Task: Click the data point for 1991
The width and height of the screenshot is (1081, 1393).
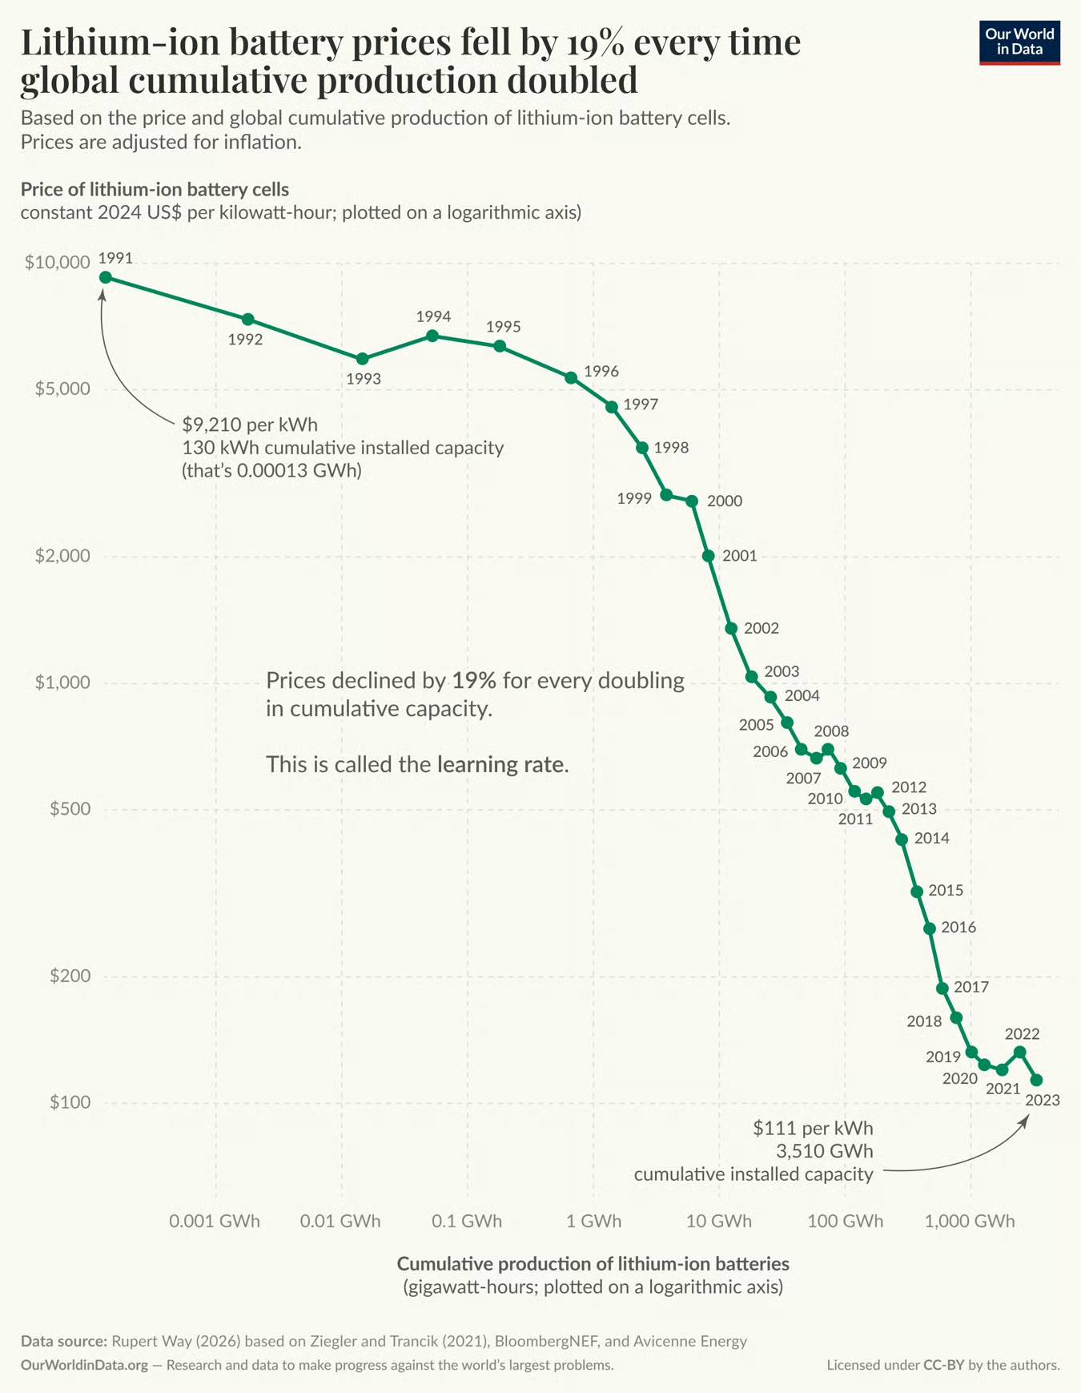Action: point(105,277)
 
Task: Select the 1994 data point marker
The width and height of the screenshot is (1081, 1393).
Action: point(432,336)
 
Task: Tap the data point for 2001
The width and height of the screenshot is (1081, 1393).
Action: point(709,556)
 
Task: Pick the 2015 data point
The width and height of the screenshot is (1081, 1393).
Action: point(918,892)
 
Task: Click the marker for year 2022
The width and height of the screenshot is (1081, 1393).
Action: point(1020,1052)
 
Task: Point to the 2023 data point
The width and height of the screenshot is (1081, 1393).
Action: point(1037,1080)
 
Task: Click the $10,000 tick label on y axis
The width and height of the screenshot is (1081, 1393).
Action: point(57,263)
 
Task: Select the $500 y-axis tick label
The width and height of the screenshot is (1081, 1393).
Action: point(70,809)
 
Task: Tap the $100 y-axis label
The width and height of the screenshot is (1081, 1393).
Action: point(70,1102)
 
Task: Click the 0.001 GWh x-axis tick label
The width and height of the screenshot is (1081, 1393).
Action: point(215,1221)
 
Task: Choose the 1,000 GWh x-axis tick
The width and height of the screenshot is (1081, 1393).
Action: point(970,1221)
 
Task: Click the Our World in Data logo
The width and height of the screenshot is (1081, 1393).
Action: point(1019,42)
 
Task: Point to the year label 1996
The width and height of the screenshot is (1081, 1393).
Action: point(601,371)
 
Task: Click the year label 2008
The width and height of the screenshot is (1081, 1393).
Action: point(831,731)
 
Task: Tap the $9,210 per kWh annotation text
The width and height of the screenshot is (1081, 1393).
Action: point(250,425)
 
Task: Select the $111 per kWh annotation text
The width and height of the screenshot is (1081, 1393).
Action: point(813,1128)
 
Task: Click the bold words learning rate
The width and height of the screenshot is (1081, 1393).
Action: point(503,764)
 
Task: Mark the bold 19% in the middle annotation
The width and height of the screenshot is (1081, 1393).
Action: point(474,680)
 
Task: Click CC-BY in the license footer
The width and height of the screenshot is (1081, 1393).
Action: point(944,1365)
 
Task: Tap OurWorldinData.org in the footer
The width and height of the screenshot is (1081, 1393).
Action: point(84,1365)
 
